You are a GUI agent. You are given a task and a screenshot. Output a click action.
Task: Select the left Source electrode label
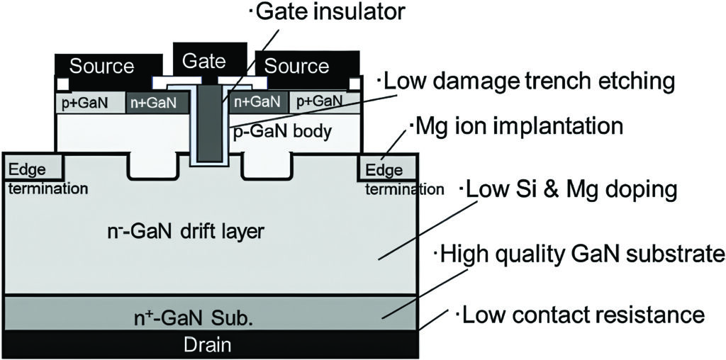click(x=101, y=67)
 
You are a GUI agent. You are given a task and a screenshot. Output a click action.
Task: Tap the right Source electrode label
click(x=297, y=67)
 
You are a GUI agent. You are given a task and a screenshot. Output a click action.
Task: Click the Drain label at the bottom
click(x=208, y=345)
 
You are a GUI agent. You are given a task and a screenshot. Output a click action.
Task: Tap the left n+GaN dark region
click(x=156, y=103)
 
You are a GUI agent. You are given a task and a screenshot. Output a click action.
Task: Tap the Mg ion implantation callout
click(x=515, y=128)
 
